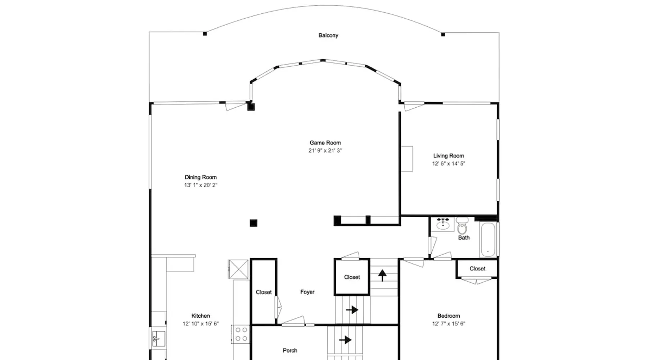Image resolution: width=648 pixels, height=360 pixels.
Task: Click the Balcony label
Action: point(328,35)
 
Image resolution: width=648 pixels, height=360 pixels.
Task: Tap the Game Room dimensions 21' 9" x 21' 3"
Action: point(325,150)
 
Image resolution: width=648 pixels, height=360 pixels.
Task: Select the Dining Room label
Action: point(201,177)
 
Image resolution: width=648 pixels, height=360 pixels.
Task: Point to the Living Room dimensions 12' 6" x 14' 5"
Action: point(449,163)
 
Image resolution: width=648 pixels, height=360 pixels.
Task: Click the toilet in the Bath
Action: point(462,226)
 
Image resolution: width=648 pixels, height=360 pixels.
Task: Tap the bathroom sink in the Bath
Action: point(443,224)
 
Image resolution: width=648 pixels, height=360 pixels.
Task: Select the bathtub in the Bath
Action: point(488,239)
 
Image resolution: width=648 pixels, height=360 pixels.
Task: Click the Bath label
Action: point(464,238)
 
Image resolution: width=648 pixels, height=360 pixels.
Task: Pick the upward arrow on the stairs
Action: point(382,275)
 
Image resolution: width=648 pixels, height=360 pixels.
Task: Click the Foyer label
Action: point(307,292)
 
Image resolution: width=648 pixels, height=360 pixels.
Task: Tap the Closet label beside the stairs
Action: point(352,277)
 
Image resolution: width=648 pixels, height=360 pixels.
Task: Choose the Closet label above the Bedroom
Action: point(477,269)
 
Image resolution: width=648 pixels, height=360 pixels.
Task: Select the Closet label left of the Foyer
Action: point(264,292)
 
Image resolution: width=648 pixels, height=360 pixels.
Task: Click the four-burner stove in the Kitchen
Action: point(241,334)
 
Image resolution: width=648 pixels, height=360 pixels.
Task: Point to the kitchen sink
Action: point(158,339)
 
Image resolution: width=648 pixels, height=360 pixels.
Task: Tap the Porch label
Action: point(290,350)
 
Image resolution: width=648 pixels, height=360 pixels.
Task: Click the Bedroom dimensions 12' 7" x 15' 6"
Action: point(449,324)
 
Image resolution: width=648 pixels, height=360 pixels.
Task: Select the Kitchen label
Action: point(201,316)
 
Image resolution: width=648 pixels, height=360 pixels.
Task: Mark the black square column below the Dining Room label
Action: point(253,223)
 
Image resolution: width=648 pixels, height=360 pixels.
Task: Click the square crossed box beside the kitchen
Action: point(238,269)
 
